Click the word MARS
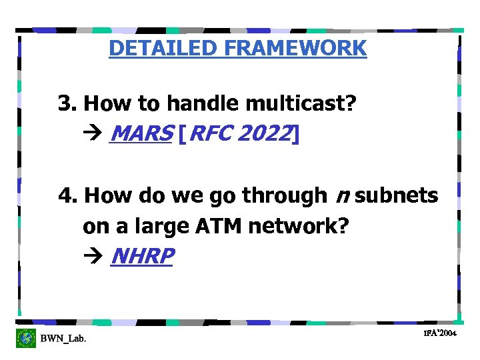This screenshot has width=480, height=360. click(x=141, y=134)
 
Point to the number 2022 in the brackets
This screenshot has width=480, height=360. click(x=263, y=134)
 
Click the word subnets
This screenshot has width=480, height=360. click(x=397, y=196)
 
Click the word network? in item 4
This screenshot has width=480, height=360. click(x=298, y=227)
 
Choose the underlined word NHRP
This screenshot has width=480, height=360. click(x=142, y=257)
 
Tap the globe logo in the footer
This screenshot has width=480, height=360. click(x=26, y=338)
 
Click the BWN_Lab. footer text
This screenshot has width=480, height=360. click(x=63, y=339)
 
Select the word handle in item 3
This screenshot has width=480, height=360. click(x=203, y=103)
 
